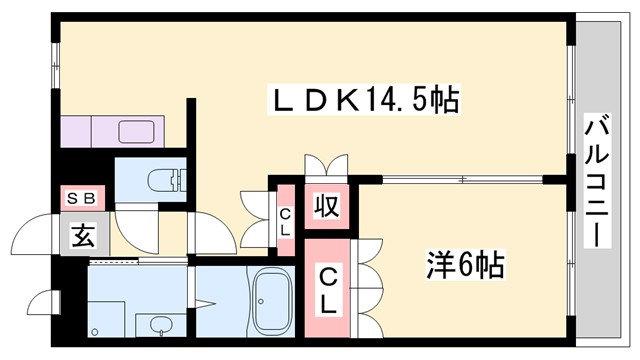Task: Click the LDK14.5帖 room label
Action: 366,100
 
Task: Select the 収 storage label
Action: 326,206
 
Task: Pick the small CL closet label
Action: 284,221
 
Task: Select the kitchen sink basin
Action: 136,130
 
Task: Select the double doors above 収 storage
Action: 326,165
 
